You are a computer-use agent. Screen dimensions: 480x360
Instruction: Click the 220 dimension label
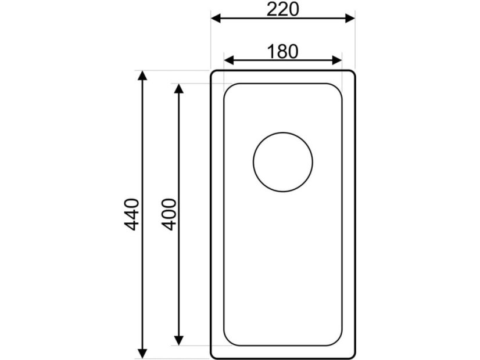[282, 9]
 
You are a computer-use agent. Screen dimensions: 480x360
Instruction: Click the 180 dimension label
[282, 52]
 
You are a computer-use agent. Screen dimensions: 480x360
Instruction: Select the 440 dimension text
[132, 214]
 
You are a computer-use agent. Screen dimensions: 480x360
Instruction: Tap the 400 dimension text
[169, 214]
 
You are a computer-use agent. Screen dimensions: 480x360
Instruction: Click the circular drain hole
[283, 132]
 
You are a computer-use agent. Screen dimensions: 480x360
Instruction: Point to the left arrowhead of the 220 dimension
[216, 19]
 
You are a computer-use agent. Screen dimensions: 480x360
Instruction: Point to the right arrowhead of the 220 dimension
[350, 19]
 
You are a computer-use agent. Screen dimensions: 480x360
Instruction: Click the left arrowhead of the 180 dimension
[229, 60]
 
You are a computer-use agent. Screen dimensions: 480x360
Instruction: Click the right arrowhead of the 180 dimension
[336, 60]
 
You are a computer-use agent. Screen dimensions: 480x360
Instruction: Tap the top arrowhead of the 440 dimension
[142, 75]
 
